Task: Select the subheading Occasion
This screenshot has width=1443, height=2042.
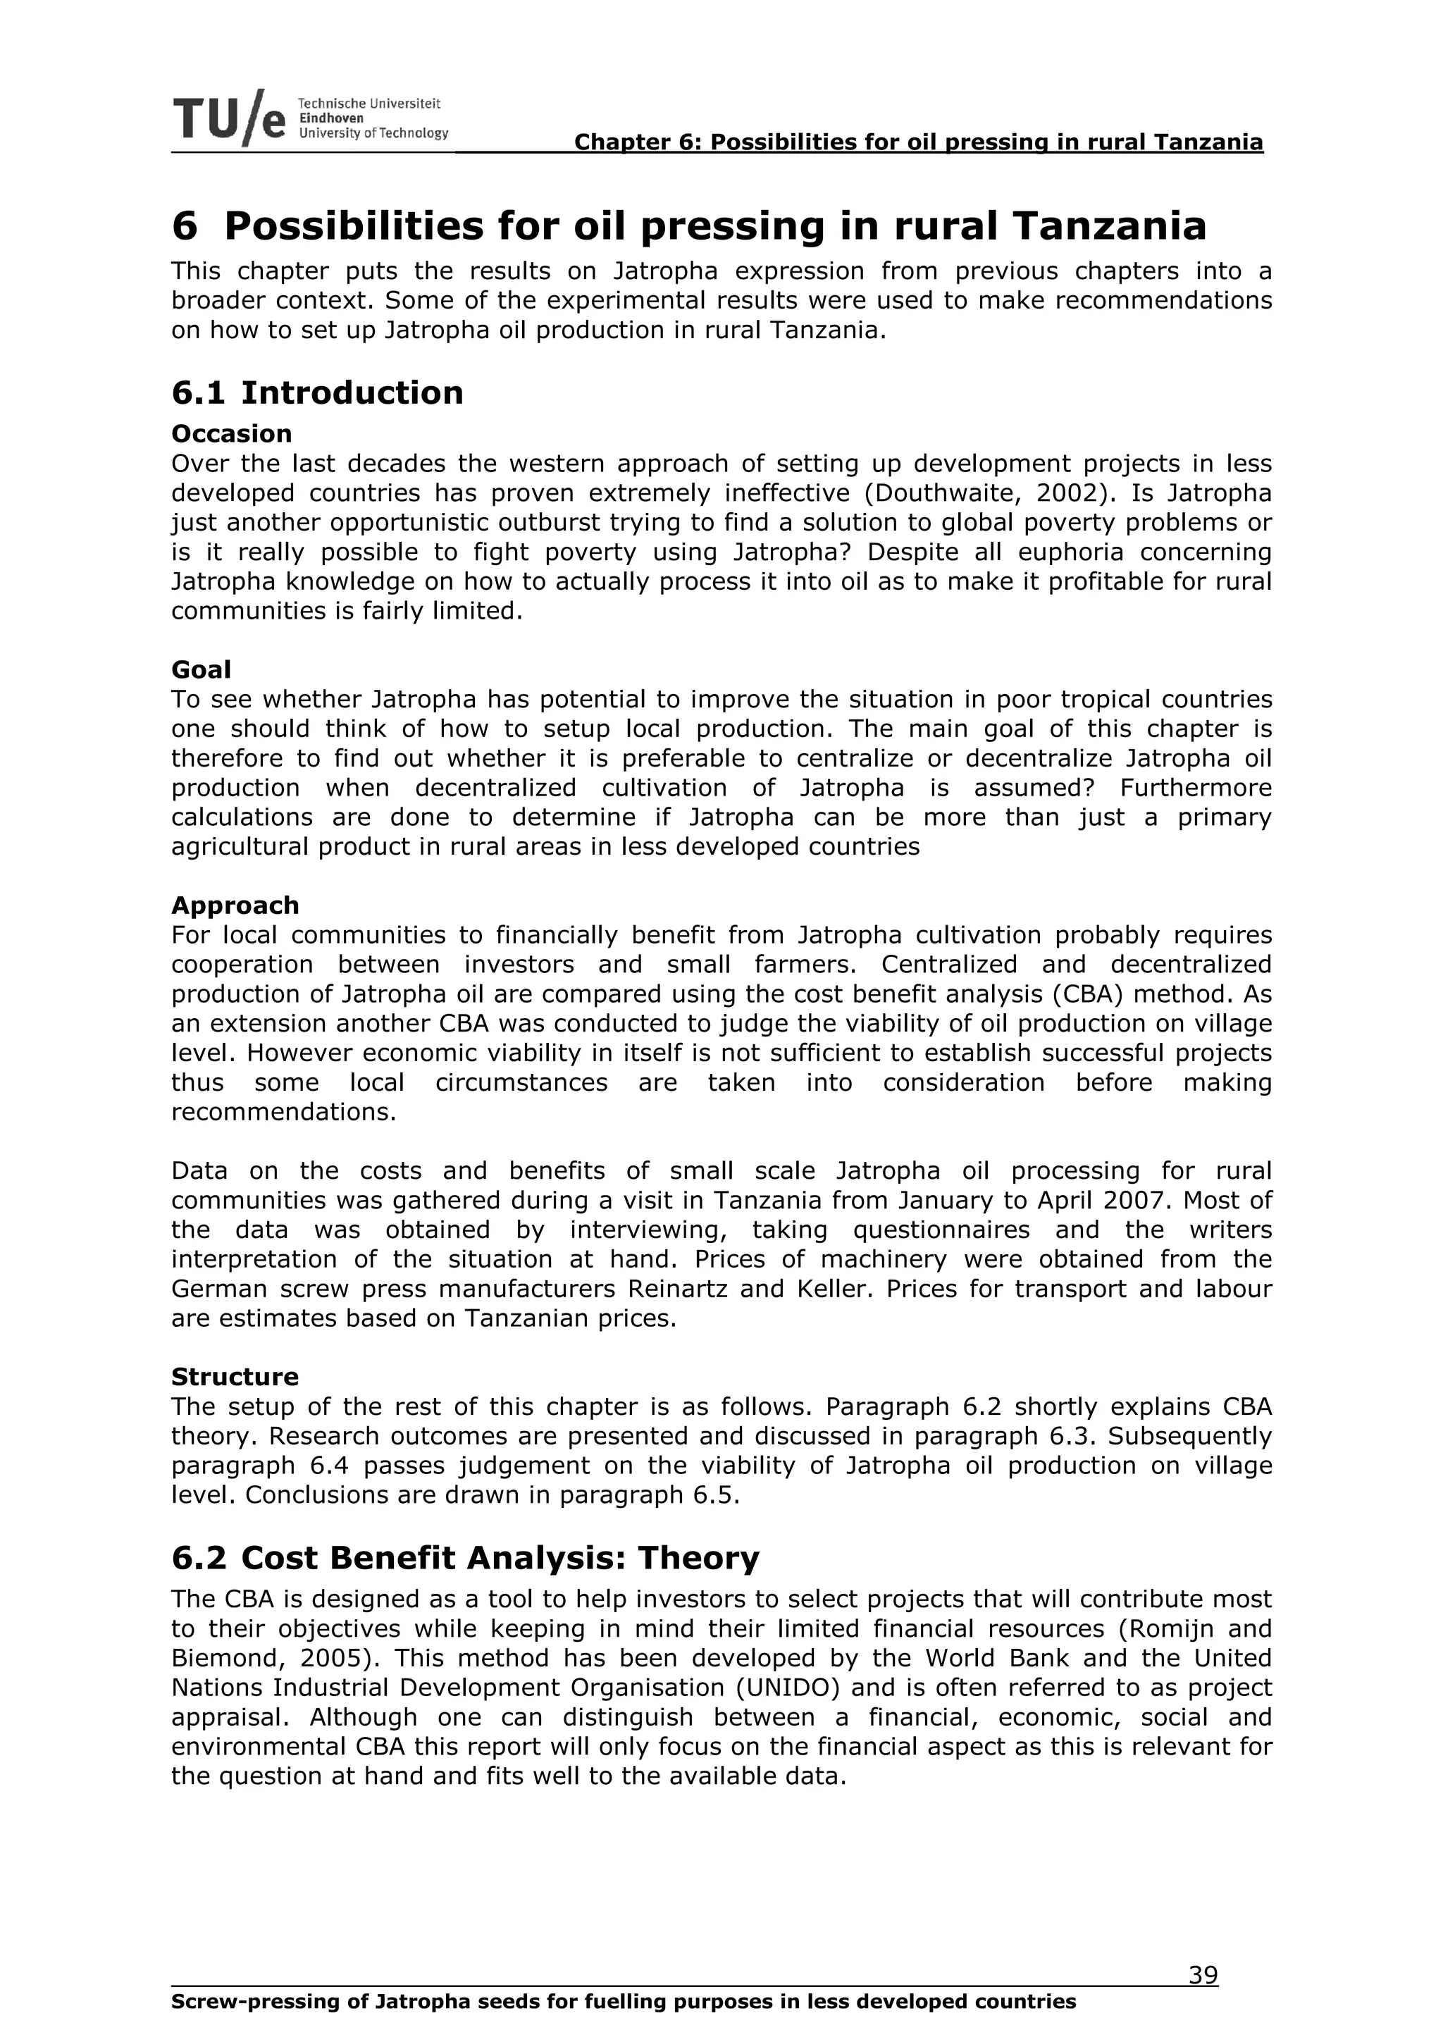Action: (231, 434)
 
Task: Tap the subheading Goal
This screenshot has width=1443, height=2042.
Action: (201, 669)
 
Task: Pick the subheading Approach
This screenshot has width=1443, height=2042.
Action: (235, 905)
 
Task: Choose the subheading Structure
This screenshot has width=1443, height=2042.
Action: (235, 1377)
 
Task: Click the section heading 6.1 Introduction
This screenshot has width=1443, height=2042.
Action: (317, 393)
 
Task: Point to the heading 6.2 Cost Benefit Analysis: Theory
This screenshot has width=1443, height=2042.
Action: (465, 1558)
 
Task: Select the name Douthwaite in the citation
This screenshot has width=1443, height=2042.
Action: (943, 494)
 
